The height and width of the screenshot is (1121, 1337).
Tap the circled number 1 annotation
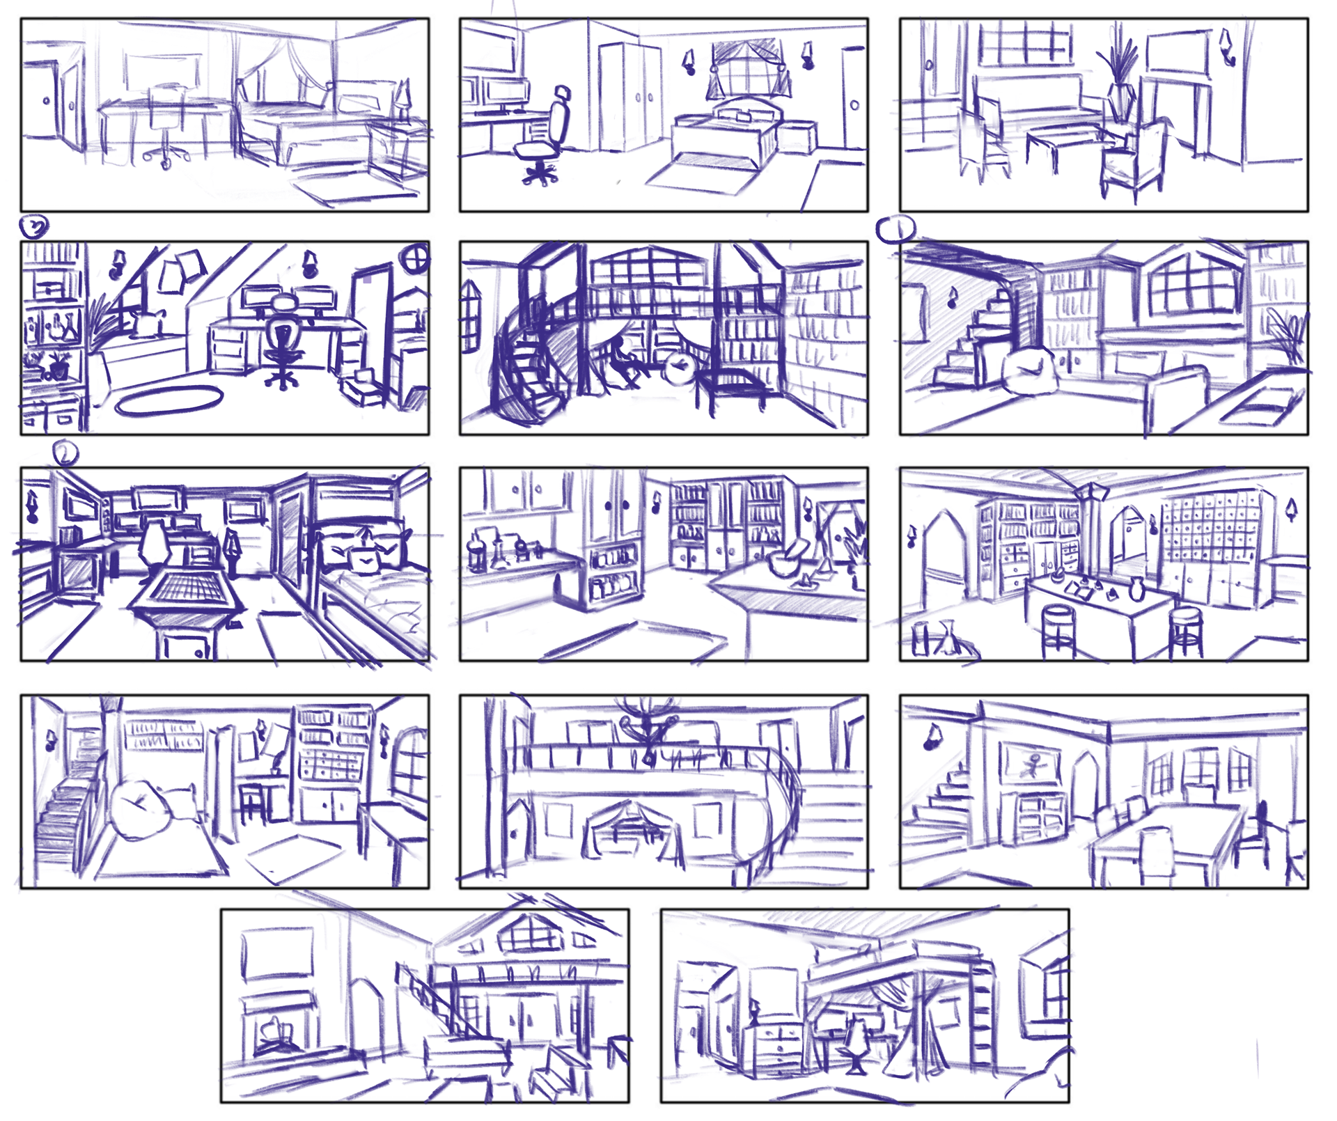[895, 229]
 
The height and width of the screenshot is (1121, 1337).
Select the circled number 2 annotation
[65, 454]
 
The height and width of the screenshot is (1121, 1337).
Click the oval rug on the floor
[169, 402]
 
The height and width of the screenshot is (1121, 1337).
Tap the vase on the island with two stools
[1136, 589]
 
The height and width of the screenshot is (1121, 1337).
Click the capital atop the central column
[1090, 492]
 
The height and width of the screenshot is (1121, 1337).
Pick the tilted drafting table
[185, 594]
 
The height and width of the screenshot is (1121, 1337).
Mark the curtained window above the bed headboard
[747, 70]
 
